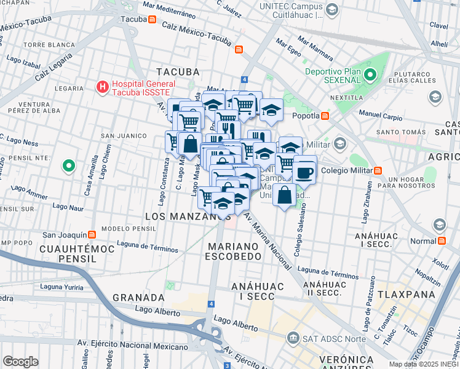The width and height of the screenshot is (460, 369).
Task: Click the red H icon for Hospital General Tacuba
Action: tap(103, 88)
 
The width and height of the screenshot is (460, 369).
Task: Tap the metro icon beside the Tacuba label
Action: tap(152, 18)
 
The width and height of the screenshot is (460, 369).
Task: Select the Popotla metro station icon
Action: tap(325, 115)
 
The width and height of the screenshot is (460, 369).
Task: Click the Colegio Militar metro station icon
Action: tap(378, 170)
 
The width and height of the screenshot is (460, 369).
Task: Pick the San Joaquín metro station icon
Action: tap(92, 234)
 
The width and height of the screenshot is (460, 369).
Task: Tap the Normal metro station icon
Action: tap(442, 240)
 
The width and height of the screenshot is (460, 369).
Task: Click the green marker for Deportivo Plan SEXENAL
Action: tap(370, 76)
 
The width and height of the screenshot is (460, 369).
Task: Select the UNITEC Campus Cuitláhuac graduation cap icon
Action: tap(332, 10)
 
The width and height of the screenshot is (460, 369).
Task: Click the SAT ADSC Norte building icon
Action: tap(293, 338)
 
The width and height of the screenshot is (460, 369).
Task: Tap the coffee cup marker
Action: tap(304, 172)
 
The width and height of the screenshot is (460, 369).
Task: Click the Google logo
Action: tap(20, 361)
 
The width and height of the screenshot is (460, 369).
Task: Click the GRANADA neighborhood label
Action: tap(138, 298)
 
